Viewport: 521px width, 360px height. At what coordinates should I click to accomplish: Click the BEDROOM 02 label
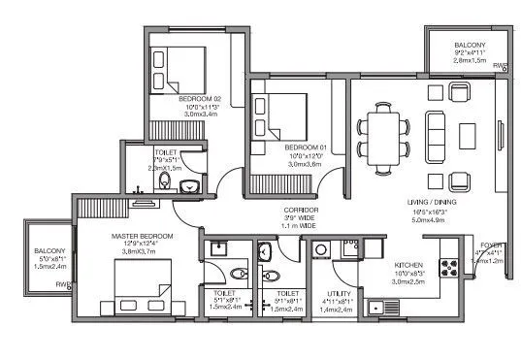pyautogui.click(x=199, y=98)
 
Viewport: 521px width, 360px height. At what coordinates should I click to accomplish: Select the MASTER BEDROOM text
pyautogui.click(x=142, y=237)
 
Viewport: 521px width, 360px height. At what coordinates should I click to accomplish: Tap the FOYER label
pyautogui.click(x=492, y=245)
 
